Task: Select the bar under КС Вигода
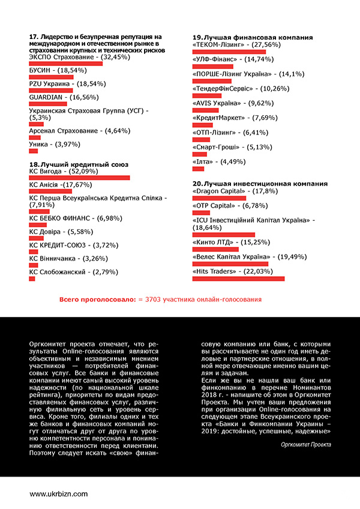pos(79,178)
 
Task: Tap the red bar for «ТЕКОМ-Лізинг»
pos(229,52)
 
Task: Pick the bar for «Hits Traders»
pos(238,278)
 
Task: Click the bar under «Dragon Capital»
pos(219,197)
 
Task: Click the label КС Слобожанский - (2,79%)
pos(65,272)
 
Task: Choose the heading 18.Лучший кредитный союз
pos(79,164)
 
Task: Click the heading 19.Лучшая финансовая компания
pos(253,37)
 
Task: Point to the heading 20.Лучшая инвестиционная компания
pos(260,183)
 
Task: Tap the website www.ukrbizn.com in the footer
pos(59,493)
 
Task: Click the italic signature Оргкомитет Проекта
pos(306,445)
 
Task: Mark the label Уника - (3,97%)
pos(55,145)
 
